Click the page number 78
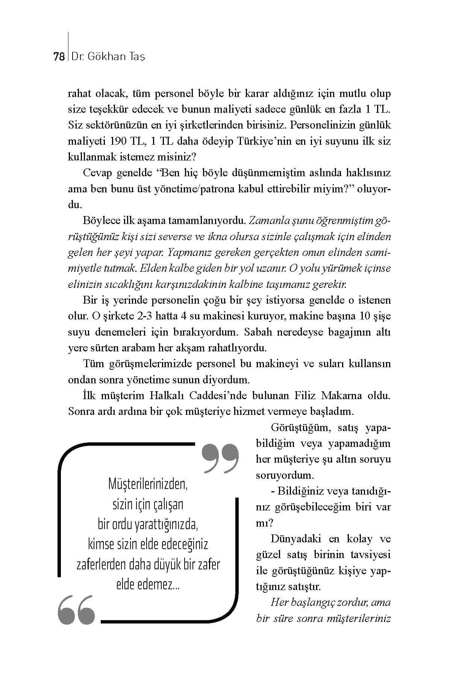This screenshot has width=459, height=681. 59,57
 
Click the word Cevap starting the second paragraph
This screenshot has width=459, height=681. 97,173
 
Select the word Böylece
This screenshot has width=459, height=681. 100,221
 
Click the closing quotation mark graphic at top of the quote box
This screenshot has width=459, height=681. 220,457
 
